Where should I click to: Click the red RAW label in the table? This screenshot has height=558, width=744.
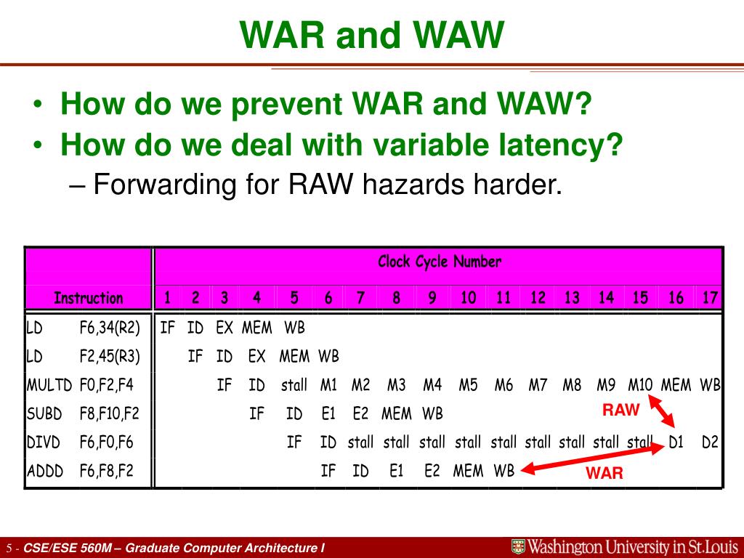coord(620,410)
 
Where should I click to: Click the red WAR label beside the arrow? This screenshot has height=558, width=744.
coord(604,473)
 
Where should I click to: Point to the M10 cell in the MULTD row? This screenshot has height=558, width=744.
coord(640,385)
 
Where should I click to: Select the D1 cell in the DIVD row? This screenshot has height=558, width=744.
coord(676,442)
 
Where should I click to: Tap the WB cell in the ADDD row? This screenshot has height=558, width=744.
coord(504,471)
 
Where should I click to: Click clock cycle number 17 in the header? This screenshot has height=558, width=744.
coord(709,297)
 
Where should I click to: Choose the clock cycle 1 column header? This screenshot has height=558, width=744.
coord(167,297)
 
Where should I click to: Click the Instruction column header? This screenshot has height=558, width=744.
coord(88,298)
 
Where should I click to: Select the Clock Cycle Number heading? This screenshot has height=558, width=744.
coord(440,262)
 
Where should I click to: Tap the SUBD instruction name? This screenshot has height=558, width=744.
coord(44,413)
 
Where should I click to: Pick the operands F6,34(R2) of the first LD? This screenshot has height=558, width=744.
coord(110,328)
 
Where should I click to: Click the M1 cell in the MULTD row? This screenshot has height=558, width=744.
coord(328,385)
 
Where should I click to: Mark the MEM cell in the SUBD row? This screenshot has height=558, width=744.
coord(396,413)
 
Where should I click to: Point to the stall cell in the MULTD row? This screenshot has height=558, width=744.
coord(294,385)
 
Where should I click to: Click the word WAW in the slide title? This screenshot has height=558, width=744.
coord(458,35)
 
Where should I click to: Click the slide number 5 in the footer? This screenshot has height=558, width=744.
coord(9,549)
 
